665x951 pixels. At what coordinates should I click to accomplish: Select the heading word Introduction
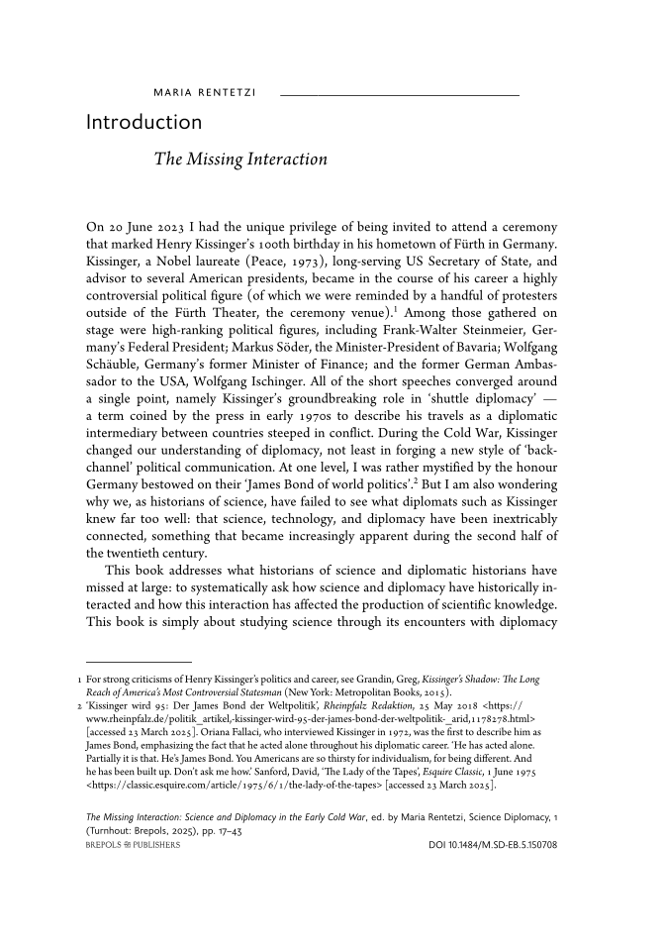click(x=144, y=123)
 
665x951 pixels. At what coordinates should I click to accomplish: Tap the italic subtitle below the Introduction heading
click(x=240, y=158)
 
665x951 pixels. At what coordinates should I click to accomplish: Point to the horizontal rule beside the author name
click(x=400, y=95)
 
